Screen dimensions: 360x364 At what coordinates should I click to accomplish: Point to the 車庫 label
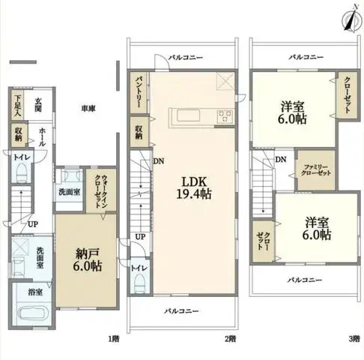click(88, 109)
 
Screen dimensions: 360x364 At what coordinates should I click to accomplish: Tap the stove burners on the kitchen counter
click(225, 115)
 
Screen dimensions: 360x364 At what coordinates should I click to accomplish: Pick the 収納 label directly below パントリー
click(139, 133)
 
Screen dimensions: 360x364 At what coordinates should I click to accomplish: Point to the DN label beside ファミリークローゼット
click(279, 160)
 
